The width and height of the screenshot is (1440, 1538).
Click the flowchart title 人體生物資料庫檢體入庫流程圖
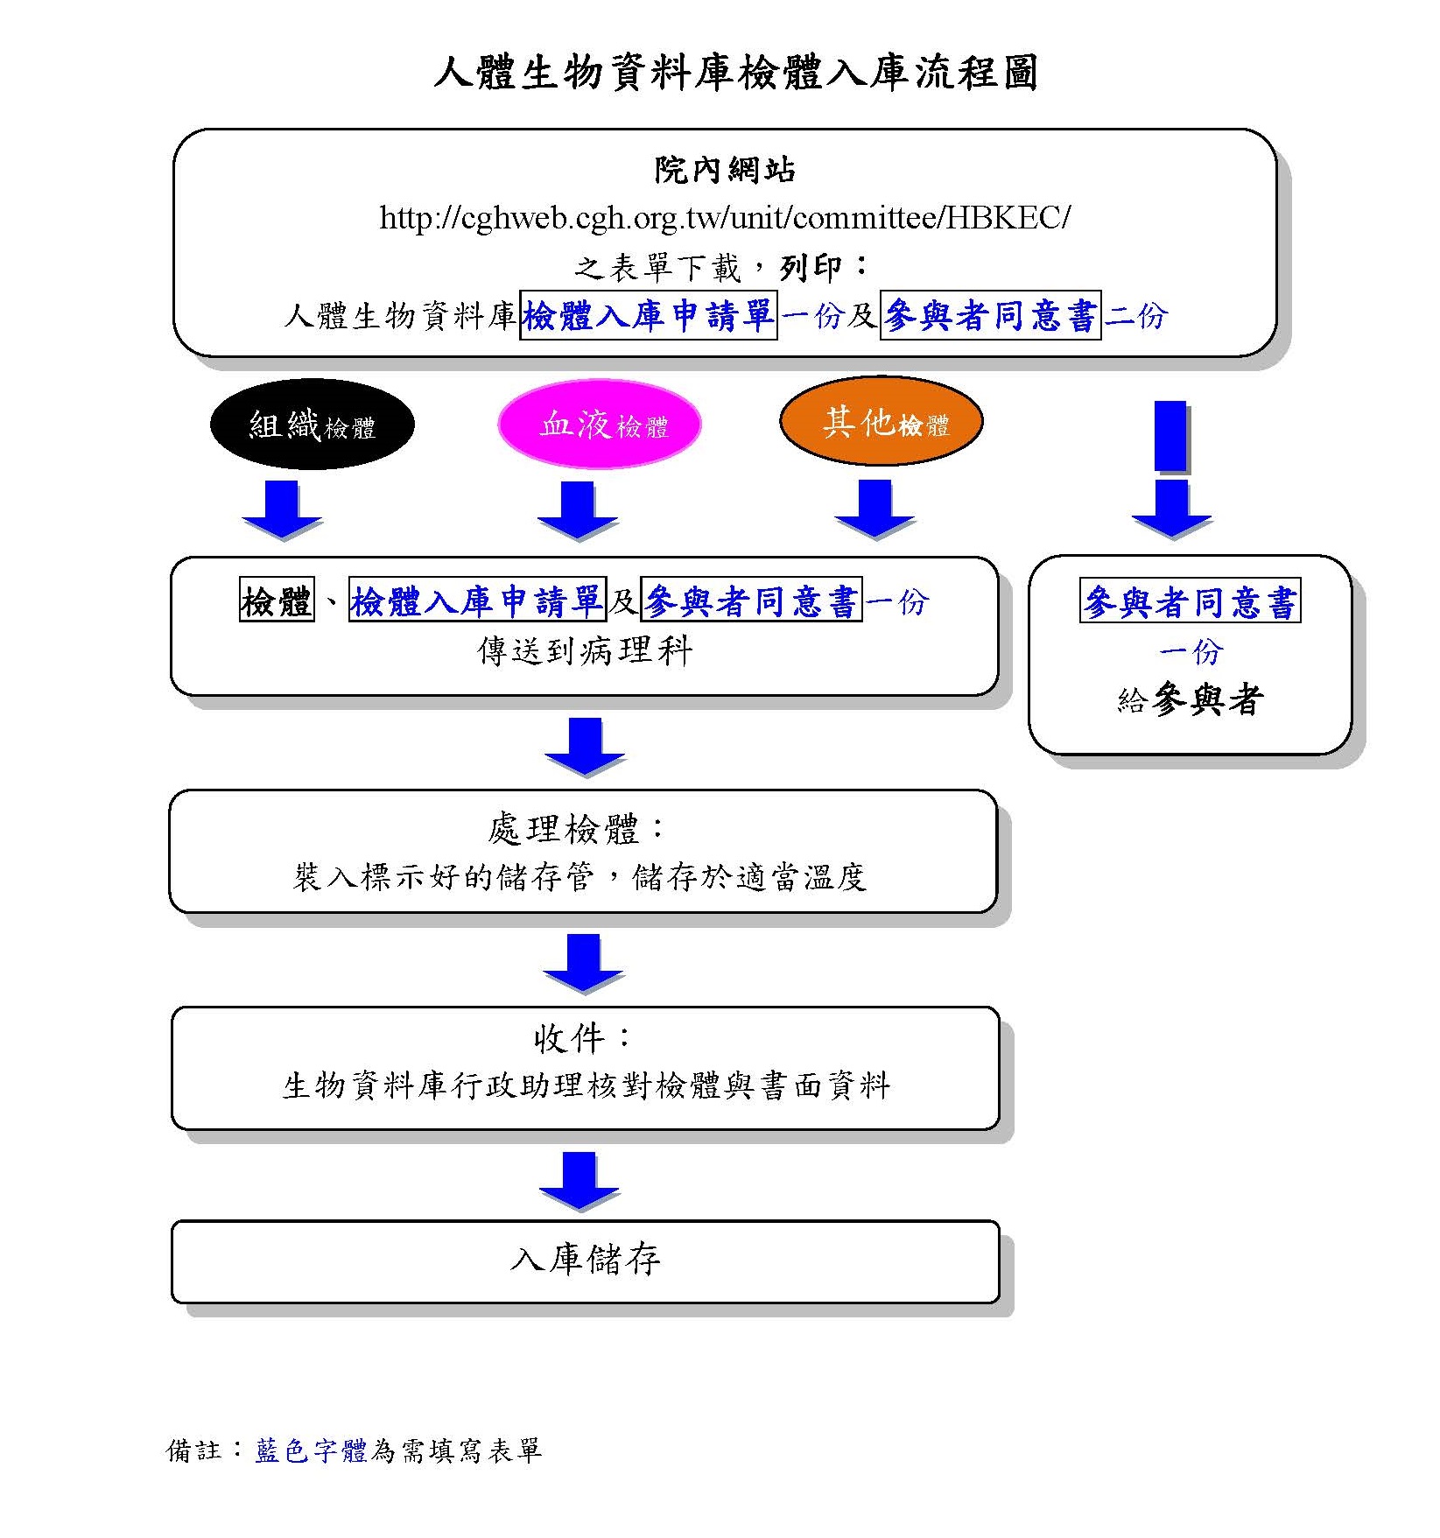[735, 73]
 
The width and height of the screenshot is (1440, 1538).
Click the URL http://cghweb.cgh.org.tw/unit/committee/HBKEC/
[725, 218]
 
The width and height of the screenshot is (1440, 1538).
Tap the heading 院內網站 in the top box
[725, 170]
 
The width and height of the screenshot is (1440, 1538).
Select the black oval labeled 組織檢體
[312, 425]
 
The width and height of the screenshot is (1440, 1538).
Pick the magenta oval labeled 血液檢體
[601, 425]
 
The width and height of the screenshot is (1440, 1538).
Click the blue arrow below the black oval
[282, 509]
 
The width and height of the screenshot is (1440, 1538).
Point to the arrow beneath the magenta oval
[578, 509]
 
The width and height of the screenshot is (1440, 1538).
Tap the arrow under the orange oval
[875, 509]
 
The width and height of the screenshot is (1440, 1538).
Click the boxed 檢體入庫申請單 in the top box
[648, 315]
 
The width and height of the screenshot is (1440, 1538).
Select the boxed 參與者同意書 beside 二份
[990, 315]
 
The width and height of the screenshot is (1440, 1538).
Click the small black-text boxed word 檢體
[277, 601]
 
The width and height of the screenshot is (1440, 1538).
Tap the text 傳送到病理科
[585, 651]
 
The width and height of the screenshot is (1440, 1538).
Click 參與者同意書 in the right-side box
[1190, 601]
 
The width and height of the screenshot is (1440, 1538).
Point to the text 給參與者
[1190, 700]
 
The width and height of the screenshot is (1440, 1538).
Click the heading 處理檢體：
[578, 829]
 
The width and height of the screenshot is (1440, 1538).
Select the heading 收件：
[583, 1039]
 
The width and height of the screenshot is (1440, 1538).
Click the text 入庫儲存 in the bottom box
[585, 1261]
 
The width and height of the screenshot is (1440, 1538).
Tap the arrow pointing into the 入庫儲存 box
[579, 1182]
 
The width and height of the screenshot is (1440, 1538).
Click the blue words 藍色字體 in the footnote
[311, 1451]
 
